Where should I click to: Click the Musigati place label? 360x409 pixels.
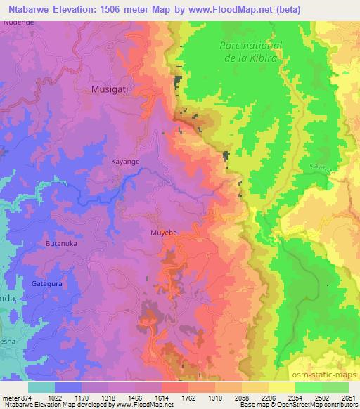(111, 90)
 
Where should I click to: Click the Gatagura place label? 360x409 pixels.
(47, 284)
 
